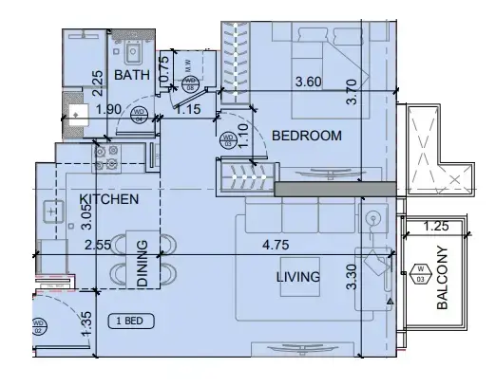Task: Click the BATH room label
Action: pyautogui.click(x=129, y=75)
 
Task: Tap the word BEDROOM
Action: pyautogui.click(x=306, y=137)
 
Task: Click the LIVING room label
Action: pyautogui.click(x=296, y=277)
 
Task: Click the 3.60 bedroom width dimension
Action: pyautogui.click(x=309, y=83)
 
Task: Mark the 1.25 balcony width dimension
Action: pyautogui.click(x=436, y=227)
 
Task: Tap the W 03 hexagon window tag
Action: pyautogui.click(x=420, y=275)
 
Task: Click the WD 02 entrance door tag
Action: pyautogui.click(x=39, y=328)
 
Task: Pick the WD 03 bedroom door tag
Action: pyautogui.click(x=228, y=140)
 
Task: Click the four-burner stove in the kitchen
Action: pyautogui.click(x=106, y=156)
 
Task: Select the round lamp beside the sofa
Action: pyautogui.click(x=372, y=219)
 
